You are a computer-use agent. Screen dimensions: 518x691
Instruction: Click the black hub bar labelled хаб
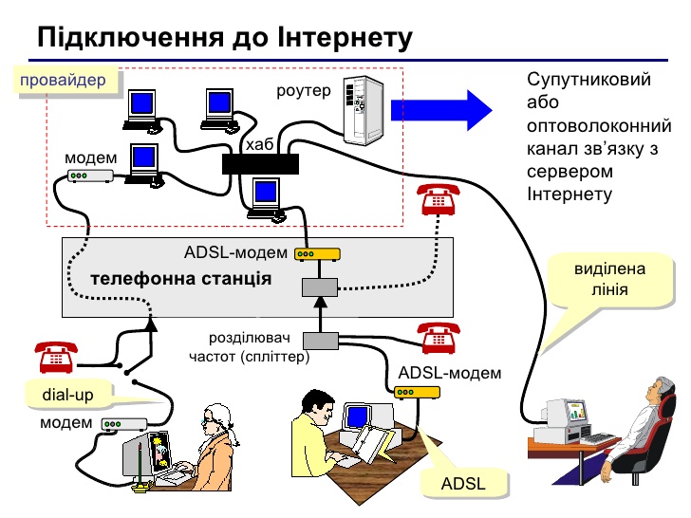pyautogui.click(x=260, y=164)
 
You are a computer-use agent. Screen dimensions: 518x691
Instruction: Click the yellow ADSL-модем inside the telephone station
pyautogui.click(x=316, y=254)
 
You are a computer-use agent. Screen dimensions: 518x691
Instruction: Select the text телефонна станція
pyautogui.click(x=180, y=280)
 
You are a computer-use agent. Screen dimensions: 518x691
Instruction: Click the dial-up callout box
pyautogui.click(x=67, y=394)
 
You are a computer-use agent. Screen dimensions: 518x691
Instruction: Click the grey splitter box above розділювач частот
pyautogui.click(x=320, y=340)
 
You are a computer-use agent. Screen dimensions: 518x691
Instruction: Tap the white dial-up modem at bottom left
pyautogui.click(x=123, y=424)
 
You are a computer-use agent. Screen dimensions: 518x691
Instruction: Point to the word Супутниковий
pyautogui.click(x=588, y=80)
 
